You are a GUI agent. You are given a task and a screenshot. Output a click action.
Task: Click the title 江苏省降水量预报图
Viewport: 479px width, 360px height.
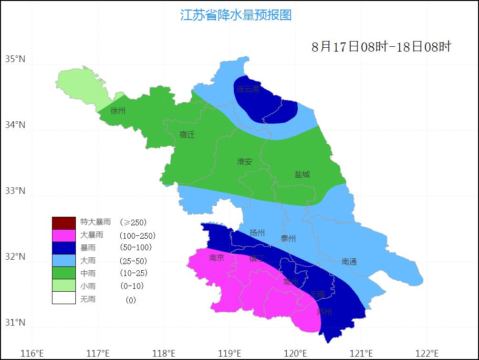tap(236, 15)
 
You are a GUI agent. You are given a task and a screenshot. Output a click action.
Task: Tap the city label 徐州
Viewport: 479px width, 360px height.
tap(118, 111)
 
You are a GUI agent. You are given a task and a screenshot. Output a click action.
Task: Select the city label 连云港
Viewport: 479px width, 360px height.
tap(248, 89)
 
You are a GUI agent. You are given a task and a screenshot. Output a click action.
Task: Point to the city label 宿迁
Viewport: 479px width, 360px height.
tap(187, 135)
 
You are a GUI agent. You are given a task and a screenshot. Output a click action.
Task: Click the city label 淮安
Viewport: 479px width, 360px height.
tap(244, 161)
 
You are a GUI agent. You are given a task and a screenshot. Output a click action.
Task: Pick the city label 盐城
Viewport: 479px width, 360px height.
tap(302, 174)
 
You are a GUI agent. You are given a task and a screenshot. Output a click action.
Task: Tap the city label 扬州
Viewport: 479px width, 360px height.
tap(257, 233)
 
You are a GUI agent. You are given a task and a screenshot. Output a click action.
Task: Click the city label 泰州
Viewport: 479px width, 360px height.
tap(289, 239)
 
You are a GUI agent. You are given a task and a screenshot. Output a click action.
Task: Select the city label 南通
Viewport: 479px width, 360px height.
tap(349, 262)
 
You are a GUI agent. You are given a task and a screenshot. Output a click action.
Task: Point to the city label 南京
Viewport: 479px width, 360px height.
tap(217, 258)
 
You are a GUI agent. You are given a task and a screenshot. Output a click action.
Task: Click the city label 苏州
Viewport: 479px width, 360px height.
tap(324, 312)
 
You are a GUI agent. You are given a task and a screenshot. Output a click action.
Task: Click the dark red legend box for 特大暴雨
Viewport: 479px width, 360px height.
tap(64, 222)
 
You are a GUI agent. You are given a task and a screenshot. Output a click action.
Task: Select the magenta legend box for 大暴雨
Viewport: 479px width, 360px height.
tap(64, 235)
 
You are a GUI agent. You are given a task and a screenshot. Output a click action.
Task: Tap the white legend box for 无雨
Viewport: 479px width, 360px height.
tap(64, 298)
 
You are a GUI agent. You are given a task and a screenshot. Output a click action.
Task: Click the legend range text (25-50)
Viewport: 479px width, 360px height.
tap(133, 261)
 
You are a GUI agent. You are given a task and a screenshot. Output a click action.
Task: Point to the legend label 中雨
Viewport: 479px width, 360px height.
tap(88, 273)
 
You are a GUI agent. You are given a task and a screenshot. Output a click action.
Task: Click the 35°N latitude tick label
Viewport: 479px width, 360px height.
tap(15, 59)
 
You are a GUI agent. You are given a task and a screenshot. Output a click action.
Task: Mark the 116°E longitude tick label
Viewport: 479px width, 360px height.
tap(33, 354)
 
